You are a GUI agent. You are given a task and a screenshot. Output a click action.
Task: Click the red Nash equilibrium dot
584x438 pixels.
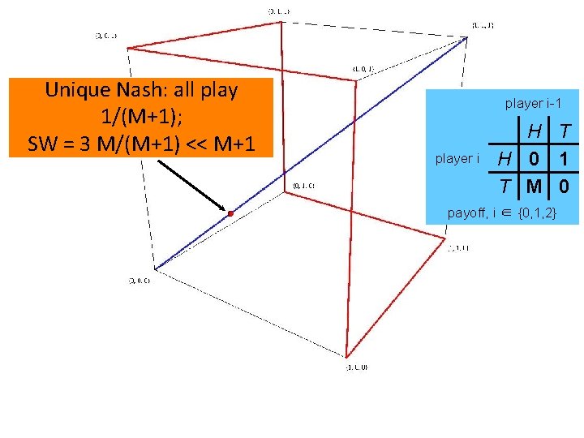[230, 213]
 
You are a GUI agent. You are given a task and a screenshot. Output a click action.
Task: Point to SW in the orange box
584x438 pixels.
[42, 145]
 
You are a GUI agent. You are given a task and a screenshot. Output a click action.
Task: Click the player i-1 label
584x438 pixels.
[533, 103]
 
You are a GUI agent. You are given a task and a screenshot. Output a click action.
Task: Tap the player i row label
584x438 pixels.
[457, 158]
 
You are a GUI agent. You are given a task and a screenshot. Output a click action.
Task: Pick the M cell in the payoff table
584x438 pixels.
[532, 186]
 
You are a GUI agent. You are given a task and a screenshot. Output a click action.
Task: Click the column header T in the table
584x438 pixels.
[565, 130]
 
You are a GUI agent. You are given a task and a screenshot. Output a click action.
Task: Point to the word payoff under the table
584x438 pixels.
[467, 213]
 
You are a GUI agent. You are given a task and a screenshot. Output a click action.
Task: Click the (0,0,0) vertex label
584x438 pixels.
[136, 281]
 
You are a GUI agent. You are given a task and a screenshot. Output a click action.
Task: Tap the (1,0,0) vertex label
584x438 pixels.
[357, 367]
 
